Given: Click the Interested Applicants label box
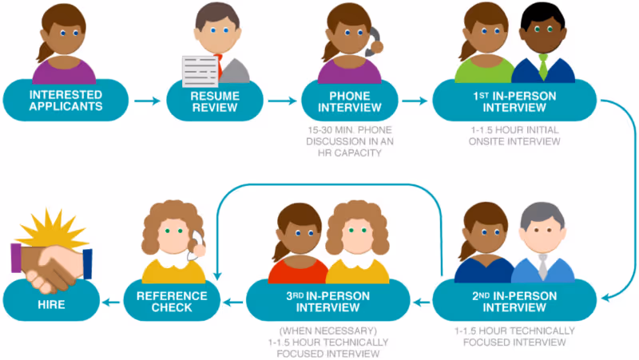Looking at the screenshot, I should point(65,101).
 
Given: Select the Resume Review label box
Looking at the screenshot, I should point(213,101).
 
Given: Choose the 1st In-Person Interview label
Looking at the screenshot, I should point(514,101).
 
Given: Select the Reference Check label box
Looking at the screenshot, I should point(172,301).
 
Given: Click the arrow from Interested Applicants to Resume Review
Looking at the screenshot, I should point(145,101).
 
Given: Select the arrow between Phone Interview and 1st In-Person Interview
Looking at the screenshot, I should point(414,101).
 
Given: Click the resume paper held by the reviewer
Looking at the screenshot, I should point(199,71).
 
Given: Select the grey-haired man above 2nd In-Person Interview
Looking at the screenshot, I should point(543,239).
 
